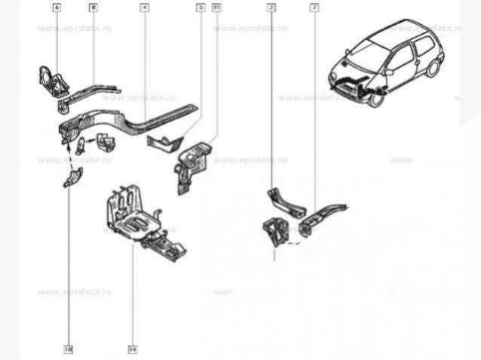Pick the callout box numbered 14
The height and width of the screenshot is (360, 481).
[132, 349]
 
